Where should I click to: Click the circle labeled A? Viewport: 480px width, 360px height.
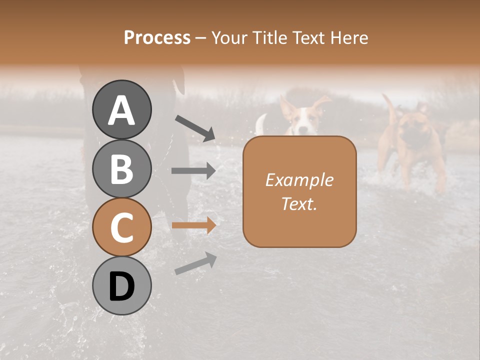121,110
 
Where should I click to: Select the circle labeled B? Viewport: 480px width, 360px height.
121,168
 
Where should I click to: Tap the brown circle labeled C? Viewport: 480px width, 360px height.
121,227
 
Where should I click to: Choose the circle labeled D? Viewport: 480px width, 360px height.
121,286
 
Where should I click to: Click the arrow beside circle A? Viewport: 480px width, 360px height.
194,128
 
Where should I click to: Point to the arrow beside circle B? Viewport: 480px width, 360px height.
193,171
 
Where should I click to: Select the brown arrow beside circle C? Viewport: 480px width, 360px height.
193,225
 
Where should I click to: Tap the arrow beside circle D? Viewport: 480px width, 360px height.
195,263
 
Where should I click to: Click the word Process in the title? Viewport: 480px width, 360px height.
157,37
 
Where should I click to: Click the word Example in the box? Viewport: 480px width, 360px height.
299,180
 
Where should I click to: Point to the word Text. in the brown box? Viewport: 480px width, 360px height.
299,203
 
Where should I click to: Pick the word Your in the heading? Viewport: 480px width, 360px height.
228,37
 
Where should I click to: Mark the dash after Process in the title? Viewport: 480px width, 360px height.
200,38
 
